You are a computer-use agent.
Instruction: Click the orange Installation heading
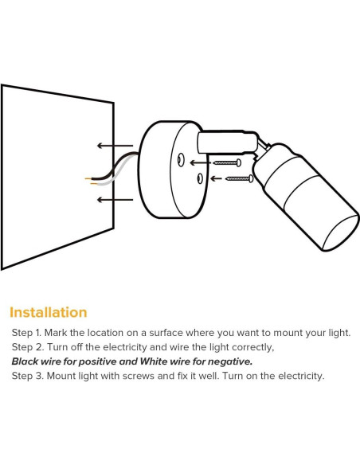[x=49, y=312]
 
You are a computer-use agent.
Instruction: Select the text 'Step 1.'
[x=26, y=333]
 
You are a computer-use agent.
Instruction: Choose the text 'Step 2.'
[x=26, y=347]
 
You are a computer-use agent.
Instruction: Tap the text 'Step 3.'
[x=26, y=376]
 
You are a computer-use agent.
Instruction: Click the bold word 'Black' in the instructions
[x=25, y=361]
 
